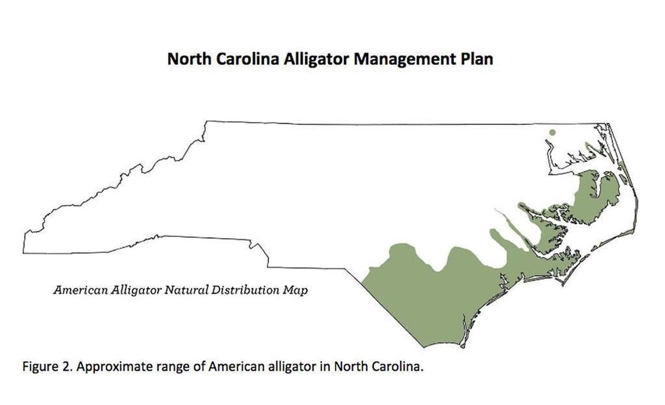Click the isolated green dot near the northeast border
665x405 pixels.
click(552, 133)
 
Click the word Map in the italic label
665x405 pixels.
click(296, 289)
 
